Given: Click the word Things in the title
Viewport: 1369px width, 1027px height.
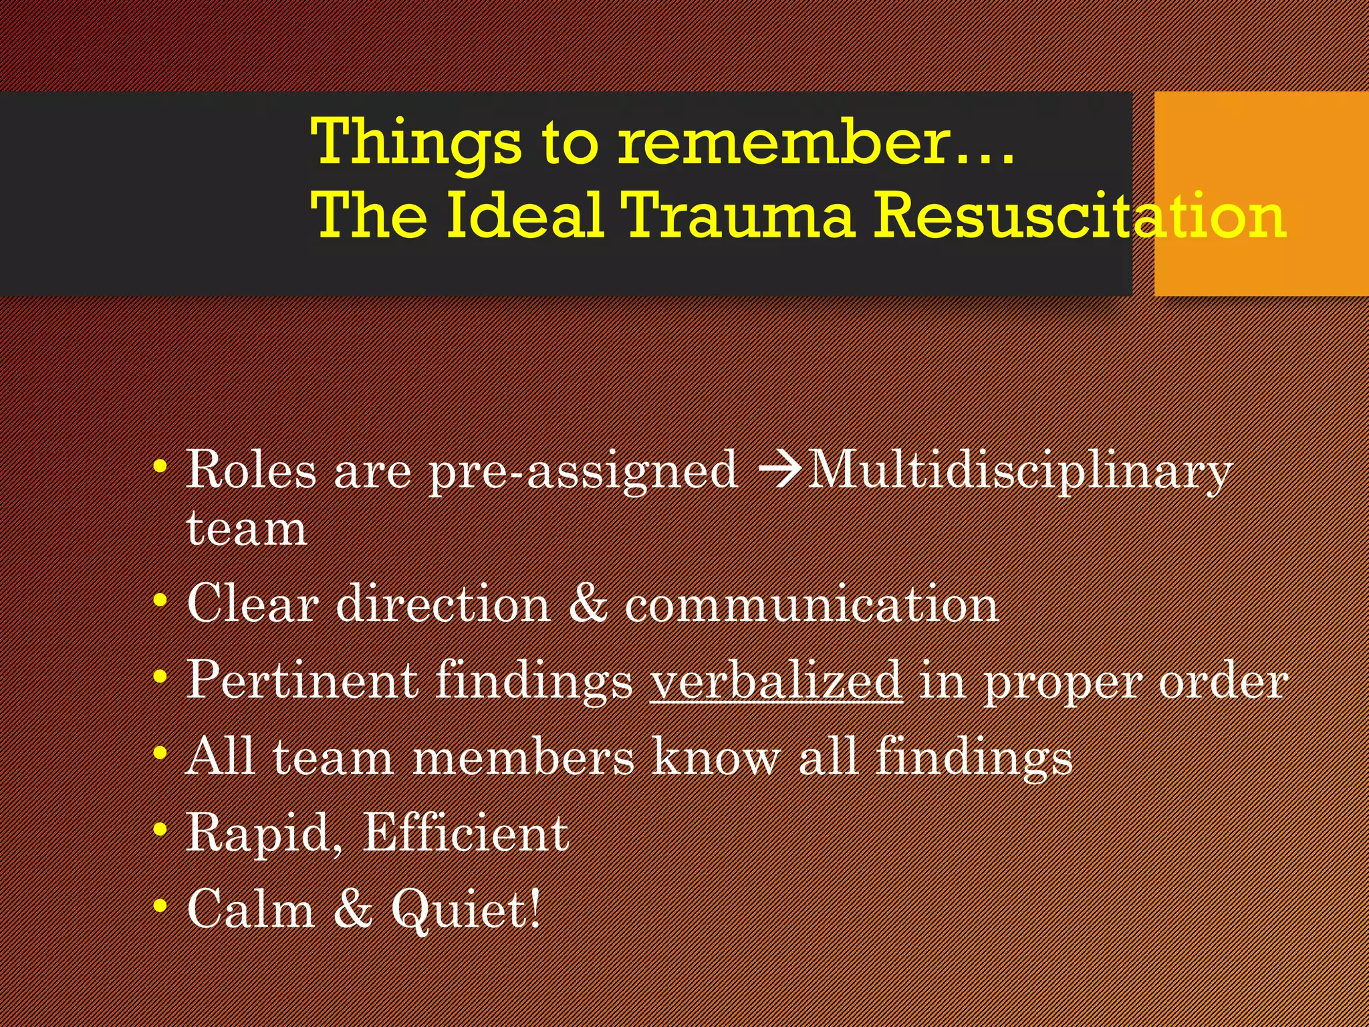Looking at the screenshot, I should [x=415, y=142].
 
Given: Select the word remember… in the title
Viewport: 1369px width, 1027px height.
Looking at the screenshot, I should [x=816, y=142].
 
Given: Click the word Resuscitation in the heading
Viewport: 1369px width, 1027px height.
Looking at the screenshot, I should [x=1080, y=215].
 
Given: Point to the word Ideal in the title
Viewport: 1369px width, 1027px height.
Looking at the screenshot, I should [x=525, y=215].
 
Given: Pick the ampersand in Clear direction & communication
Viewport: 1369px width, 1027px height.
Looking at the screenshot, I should [x=588, y=604].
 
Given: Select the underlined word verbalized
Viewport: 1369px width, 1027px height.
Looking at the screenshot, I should [x=775, y=681].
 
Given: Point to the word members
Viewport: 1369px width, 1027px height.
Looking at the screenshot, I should [x=523, y=758].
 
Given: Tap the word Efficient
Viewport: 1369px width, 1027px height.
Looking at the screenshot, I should [x=465, y=833].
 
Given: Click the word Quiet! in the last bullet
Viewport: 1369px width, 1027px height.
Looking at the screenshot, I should [x=465, y=909].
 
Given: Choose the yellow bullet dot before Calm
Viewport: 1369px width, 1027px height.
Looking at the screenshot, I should [x=160, y=907].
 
